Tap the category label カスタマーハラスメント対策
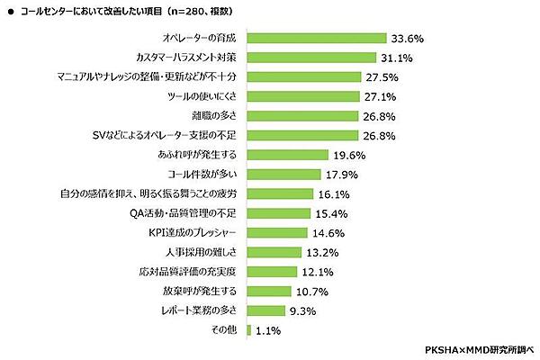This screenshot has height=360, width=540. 185,58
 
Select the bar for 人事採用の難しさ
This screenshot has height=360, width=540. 273,252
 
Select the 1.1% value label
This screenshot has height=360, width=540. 269,330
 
